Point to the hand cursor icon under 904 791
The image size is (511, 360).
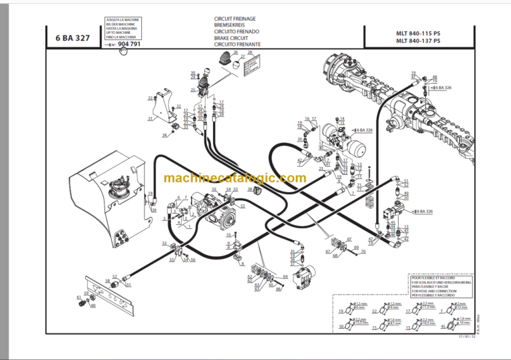(x=124, y=51)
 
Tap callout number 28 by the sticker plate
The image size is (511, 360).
(x=250, y=52)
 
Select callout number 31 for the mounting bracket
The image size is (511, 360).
(x=150, y=119)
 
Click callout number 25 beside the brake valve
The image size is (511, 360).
(x=192, y=90)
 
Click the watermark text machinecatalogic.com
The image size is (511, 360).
(x=234, y=178)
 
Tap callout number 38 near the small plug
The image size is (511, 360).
(x=250, y=189)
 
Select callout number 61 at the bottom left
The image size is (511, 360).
(x=79, y=297)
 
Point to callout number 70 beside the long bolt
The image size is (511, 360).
(x=363, y=252)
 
